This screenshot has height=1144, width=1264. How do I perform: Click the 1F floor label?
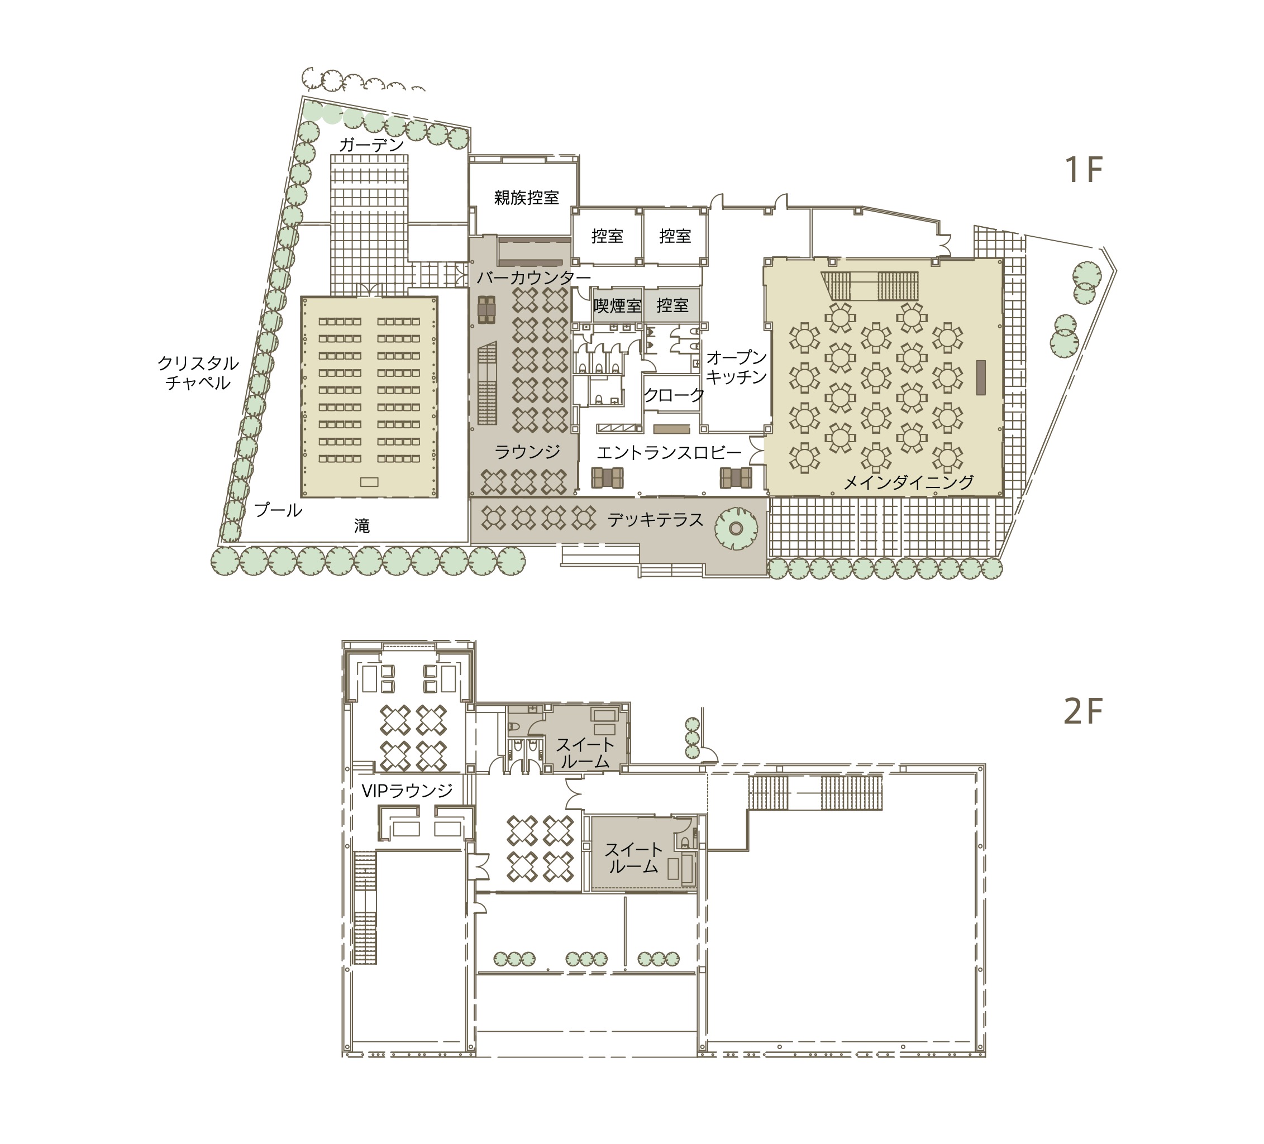1084,169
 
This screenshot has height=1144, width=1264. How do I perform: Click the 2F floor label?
1083,711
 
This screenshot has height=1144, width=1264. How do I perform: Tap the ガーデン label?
371,145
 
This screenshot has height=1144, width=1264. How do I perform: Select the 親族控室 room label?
526,198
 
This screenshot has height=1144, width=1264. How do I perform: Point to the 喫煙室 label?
618,306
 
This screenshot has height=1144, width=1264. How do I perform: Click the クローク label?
674,395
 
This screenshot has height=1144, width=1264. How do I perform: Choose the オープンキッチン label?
737,367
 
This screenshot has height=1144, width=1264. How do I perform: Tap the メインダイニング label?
909,481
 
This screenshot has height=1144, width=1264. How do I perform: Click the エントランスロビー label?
669,453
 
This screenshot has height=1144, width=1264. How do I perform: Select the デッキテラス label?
655,520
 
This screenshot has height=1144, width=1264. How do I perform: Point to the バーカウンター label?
533,277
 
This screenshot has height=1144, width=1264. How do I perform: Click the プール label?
278,510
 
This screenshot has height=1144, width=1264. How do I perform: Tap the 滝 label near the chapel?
362,526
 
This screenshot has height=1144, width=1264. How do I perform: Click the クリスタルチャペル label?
198,373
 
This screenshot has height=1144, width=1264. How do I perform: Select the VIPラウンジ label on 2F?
408,791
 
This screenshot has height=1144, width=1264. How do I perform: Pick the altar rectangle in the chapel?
369,482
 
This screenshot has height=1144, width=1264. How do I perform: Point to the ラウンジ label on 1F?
527,452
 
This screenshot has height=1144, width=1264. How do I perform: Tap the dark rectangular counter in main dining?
981,377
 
